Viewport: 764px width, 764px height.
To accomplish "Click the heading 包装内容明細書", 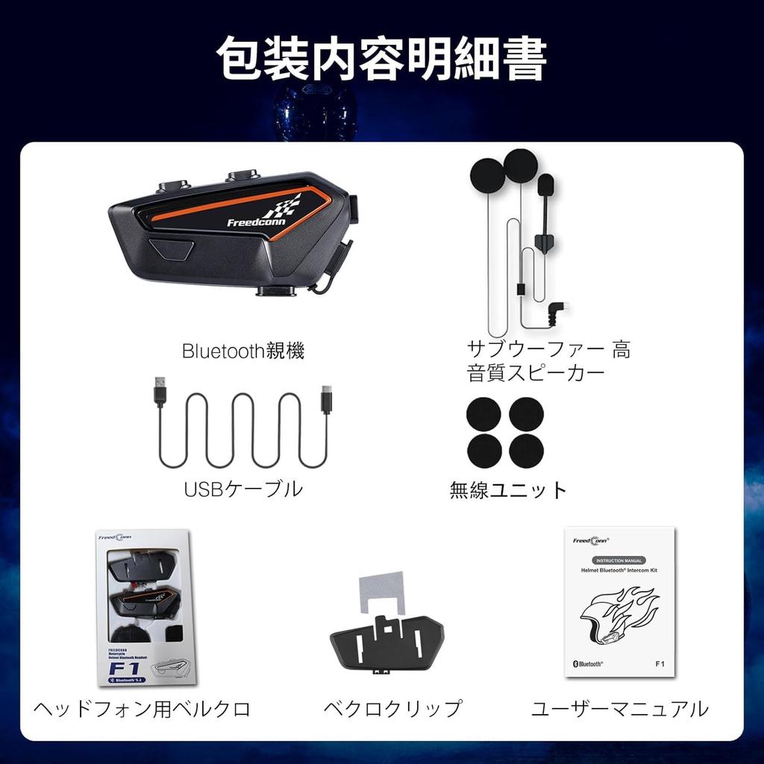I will pos(381,57).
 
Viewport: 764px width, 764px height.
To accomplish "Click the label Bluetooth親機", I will pos(243,351).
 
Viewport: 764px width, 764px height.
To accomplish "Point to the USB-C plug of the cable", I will pos(326,399).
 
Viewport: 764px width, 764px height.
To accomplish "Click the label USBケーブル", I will pos(243,489).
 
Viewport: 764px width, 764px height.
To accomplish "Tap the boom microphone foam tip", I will pos(545,184).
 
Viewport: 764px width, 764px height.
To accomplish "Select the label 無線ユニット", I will pos(508,490).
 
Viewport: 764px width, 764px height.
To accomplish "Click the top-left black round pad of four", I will pos(484,414).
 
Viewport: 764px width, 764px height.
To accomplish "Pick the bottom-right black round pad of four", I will pos(526,450).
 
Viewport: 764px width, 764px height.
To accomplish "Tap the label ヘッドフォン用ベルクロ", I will pos(142,709).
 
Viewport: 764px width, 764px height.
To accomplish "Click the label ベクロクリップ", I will pos(392,709).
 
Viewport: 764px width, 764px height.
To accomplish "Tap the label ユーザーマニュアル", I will pos(619,709).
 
